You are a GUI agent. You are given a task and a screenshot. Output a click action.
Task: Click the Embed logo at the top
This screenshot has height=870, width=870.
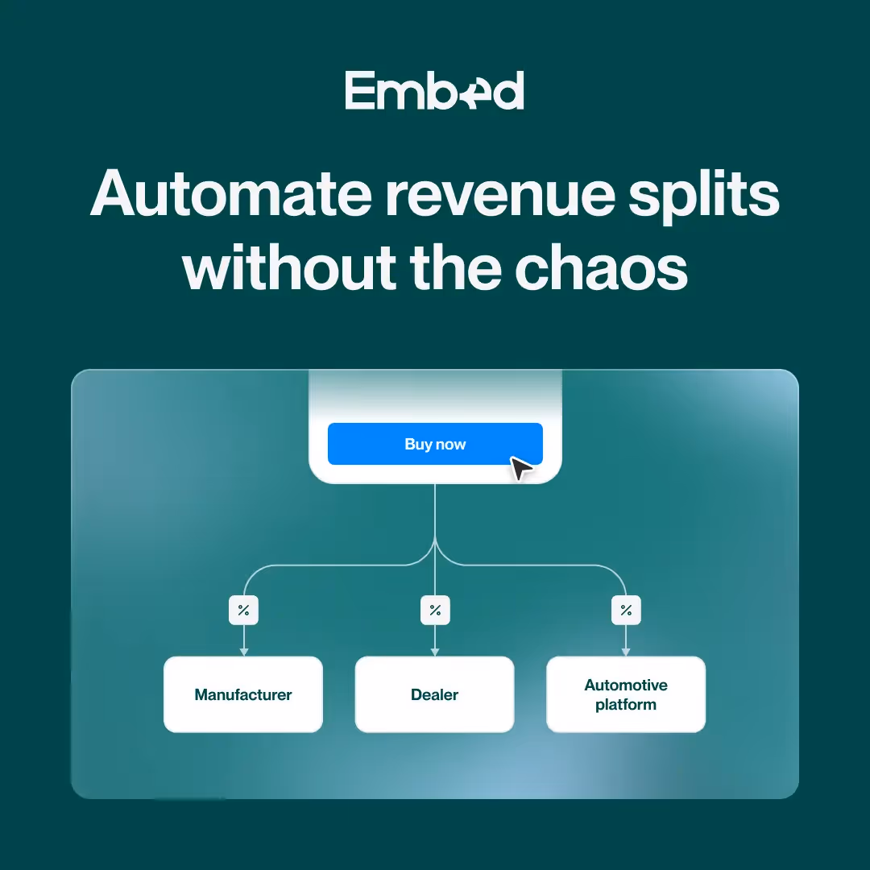point(434,90)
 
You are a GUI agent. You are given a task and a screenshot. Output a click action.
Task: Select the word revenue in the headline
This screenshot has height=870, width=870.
point(497,196)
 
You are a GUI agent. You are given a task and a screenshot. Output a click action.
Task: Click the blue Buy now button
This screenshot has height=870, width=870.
point(435,444)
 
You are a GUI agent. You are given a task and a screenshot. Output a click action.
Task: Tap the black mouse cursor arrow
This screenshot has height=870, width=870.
point(521,468)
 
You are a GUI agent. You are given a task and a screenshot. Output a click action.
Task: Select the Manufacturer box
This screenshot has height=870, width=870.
point(243,694)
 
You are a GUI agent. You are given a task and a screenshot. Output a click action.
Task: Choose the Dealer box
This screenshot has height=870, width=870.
point(435,694)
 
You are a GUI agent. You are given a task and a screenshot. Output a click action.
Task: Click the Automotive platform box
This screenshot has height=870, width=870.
point(626,694)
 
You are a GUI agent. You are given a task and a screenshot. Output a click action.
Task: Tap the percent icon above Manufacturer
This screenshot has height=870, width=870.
point(243,611)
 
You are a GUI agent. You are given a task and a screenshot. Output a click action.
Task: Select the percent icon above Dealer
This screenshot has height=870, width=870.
point(435,611)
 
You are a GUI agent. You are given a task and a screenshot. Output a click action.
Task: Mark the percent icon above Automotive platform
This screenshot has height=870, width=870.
point(626,611)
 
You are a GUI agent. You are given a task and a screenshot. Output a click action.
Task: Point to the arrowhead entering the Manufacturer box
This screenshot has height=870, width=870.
point(243,651)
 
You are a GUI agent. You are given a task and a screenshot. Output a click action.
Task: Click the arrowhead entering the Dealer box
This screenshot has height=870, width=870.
point(435,651)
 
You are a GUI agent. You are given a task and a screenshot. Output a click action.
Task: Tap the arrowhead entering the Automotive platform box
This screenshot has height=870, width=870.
point(626,651)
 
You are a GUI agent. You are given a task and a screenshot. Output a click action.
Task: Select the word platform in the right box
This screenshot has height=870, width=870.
point(626,705)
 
